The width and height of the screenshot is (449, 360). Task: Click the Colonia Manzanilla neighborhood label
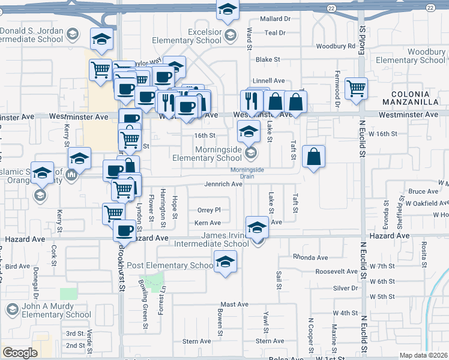click(x=415, y=98)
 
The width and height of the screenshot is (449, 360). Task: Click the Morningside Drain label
click(x=247, y=172)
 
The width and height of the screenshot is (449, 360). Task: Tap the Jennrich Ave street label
click(x=223, y=184)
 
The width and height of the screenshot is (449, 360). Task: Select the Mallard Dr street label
click(x=275, y=19)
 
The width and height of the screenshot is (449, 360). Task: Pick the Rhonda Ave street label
click(x=310, y=257)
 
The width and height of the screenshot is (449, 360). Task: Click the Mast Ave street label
click(x=234, y=305)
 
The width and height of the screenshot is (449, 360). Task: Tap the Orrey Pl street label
click(x=209, y=210)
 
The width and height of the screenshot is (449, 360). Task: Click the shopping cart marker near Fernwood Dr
click(x=356, y=88)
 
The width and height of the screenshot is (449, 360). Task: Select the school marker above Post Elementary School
click(x=226, y=262)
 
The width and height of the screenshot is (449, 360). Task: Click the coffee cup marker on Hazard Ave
click(x=125, y=230)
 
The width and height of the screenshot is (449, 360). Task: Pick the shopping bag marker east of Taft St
click(x=313, y=157)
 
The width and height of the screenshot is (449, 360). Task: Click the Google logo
click(x=20, y=353)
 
